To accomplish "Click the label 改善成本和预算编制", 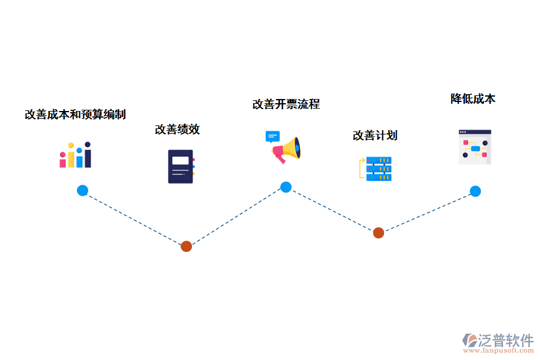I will pyautogui.click(x=75, y=114).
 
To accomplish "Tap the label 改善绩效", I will pyautogui.click(x=177, y=129).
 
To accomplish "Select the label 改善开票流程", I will pyautogui.click(x=286, y=104).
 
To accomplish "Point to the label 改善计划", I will pyautogui.click(x=375, y=135).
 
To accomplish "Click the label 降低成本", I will pyautogui.click(x=473, y=99).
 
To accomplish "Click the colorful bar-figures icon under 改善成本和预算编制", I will pyautogui.click(x=75, y=155).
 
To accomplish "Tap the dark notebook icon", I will pyautogui.click(x=181, y=166).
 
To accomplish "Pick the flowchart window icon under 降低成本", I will pyautogui.click(x=475, y=147).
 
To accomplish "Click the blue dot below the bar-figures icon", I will pyautogui.click(x=82, y=191).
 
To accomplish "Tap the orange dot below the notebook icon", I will pyautogui.click(x=186, y=246).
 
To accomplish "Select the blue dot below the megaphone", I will pyautogui.click(x=286, y=187).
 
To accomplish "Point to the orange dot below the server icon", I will pyautogui.click(x=378, y=233).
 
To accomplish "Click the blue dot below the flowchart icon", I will pyautogui.click(x=475, y=191).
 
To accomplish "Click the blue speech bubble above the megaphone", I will pyautogui.click(x=272, y=136).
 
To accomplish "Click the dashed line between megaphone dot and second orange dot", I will pyautogui.click(x=332, y=210).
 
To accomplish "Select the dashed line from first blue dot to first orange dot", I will pyautogui.click(x=134, y=218).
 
